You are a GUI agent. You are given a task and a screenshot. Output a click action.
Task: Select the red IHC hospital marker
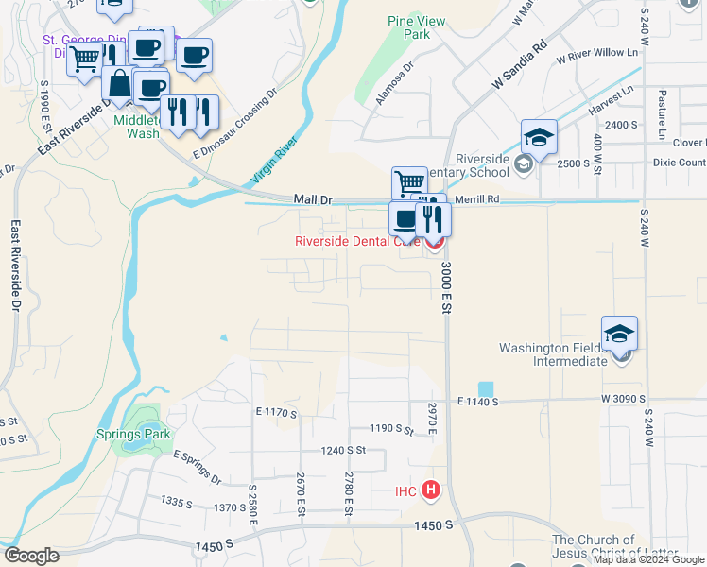coord(430,490)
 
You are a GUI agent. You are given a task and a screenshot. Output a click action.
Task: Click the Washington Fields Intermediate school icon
coord(619,335)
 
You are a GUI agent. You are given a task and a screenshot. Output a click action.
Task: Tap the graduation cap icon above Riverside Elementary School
coord(539,138)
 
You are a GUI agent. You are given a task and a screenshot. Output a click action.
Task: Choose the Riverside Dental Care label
coord(356,241)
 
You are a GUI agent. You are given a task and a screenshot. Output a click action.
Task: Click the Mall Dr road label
coord(314,199)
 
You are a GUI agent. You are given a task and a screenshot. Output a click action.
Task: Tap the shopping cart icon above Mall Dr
coord(408,182)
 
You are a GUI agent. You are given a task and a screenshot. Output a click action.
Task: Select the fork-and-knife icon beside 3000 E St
coord(434,218)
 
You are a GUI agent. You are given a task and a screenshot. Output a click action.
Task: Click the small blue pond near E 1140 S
coord(486,388)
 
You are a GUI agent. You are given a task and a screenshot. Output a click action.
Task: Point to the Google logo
coord(31,556)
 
